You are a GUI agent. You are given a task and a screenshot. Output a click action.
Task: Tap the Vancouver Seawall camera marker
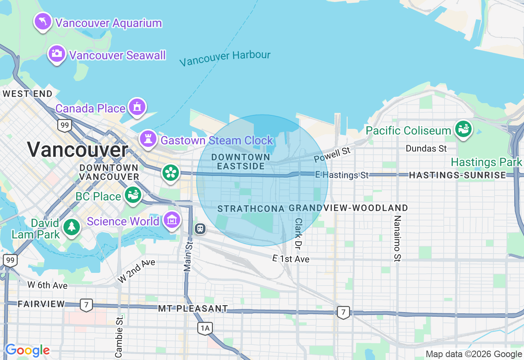point(56,54)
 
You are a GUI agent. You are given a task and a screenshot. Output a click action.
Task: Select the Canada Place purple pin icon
point(137,107)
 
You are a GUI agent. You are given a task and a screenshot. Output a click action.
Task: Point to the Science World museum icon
point(172,220)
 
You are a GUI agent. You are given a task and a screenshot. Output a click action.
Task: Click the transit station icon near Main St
point(200,228)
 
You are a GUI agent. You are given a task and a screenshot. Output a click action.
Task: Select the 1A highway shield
point(205,328)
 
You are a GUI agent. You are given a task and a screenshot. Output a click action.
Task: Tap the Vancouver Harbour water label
point(225,58)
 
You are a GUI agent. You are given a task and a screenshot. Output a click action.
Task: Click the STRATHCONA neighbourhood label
point(251,209)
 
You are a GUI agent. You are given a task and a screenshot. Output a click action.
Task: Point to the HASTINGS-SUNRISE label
point(457,175)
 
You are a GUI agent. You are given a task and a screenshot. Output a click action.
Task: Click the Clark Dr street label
point(298,234)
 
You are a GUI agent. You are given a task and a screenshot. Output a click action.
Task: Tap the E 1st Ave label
point(291,259)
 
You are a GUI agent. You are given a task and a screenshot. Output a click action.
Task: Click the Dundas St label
point(426,148)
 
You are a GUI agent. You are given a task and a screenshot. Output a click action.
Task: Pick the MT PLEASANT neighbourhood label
point(193,308)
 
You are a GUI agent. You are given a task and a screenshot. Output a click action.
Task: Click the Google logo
point(27,350)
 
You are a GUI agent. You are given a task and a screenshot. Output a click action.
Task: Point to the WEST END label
point(27,94)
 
